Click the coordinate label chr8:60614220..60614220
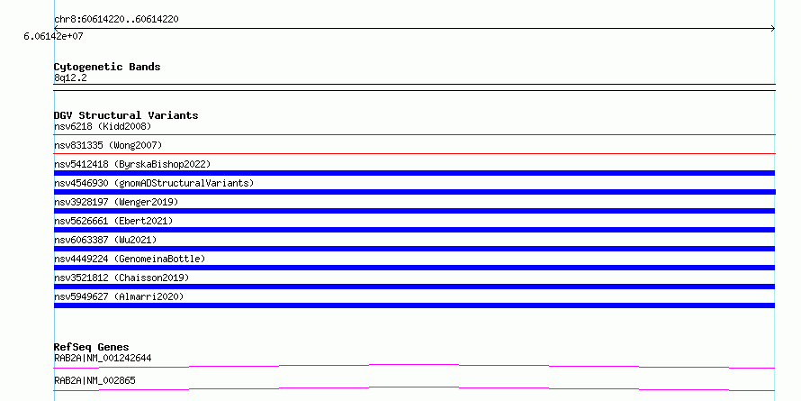click(116, 20)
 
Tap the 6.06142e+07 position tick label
click(53, 36)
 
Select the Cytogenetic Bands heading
click(107, 67)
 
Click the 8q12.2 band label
click(70, 77)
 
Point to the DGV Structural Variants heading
click(126, 115)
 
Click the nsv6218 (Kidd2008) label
click(103, 126)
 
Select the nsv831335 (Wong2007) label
click(108, 145)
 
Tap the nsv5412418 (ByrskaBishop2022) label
click(132, 164)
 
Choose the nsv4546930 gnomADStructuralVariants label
click(154, 183)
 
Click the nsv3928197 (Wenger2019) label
click(116, 202)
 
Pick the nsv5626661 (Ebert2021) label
click(113, 221)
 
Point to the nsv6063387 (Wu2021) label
click(105, 240)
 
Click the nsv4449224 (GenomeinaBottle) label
click(130, 259)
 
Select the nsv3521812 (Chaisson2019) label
click(121, 278)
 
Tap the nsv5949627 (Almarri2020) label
click(119, 296)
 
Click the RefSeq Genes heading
click(91, 347)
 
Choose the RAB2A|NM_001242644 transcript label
click(103, 358)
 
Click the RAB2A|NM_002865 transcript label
click(94, 380)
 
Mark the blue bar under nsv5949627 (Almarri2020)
click(414, 305)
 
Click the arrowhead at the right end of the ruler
click(773, 29)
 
